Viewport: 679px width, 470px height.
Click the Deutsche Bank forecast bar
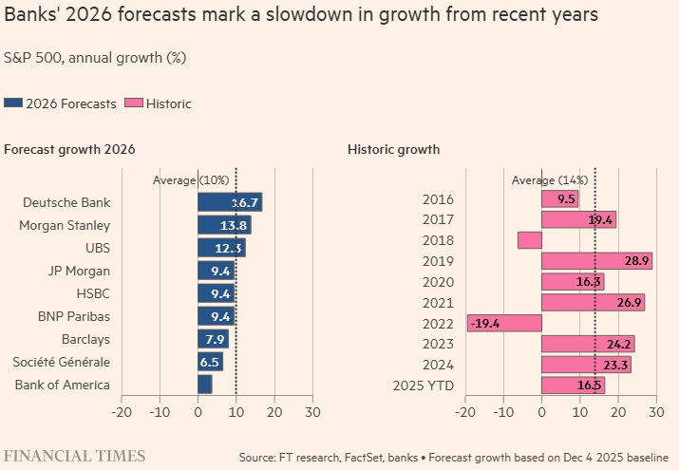pos(229,202)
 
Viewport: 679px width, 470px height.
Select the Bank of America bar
pos(204,385)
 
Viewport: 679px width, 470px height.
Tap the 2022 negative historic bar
pos(504,324)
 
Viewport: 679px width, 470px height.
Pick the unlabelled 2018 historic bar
pos(529,240)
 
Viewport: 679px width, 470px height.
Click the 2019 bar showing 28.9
pos(596,261)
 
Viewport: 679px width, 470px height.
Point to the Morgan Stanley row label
pos(65,225)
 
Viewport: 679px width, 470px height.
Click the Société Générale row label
pos(61,362)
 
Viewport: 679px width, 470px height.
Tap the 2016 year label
pos(438,199)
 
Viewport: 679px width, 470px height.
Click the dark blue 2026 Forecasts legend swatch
pos(13,103)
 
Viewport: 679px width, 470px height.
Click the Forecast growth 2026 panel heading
pos(69,150)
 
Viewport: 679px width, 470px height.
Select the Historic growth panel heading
pos(393,150)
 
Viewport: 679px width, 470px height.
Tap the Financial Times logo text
pos(75,456)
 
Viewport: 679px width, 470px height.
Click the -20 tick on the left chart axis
pos(122,412)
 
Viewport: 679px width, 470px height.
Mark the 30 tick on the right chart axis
pos(655,412)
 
